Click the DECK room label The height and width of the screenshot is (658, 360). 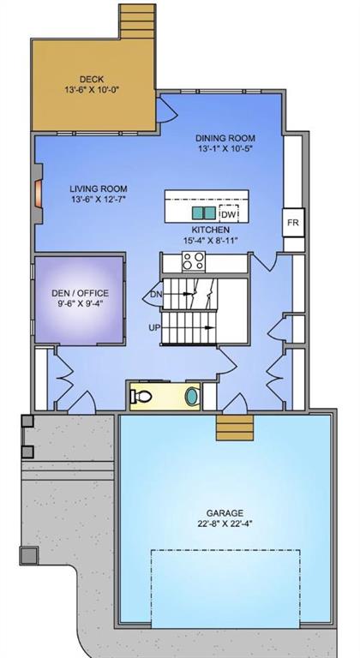(x=92, y=79)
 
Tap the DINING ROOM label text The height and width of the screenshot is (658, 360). (x=225, y=138)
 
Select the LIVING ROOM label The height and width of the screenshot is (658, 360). (x=99, y=188)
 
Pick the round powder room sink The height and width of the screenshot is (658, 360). (x=189, y=398)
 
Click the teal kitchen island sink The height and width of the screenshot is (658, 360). (x=203, y=212)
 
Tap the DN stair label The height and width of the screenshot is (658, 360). (x=156, y=295)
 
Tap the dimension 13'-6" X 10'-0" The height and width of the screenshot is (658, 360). (x=92, y=90)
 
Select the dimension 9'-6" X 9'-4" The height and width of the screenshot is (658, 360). (x=79, y=302)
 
